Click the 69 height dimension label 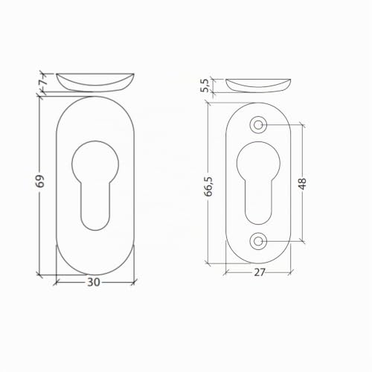click(x=40, y=181)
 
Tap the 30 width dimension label click(x=94, y=282)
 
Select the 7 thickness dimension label click(x=44, y=81)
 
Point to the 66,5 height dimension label click(x=208, y=187)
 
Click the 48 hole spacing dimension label click(x=302, y=184)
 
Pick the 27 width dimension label click(x=260, y=272)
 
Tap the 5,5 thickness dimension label click(x=205, y=86)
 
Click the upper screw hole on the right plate click(x=258, y=125)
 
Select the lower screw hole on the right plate click(x=258, y=241)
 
